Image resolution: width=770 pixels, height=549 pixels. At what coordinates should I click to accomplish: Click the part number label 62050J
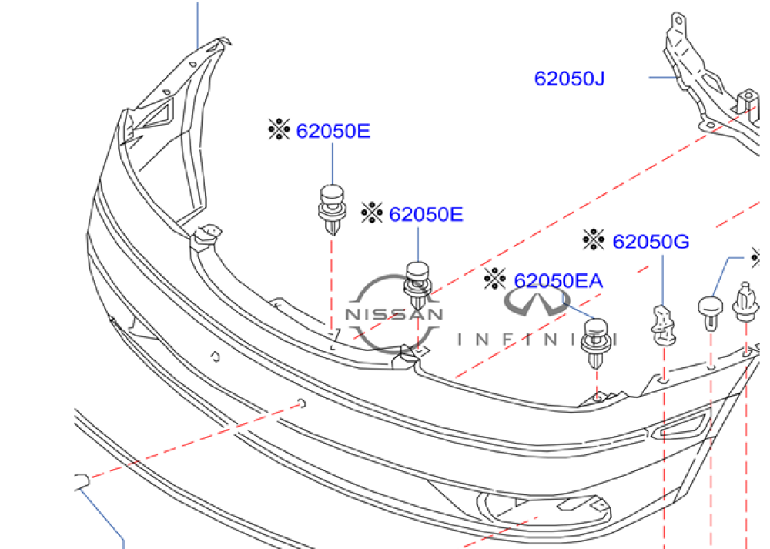coord(569,79)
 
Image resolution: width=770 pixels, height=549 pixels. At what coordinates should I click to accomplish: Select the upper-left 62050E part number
coord(333,131)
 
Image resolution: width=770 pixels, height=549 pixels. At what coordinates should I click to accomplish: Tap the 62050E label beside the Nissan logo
coord(426,215)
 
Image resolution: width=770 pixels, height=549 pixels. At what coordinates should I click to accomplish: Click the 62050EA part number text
coord(557,281)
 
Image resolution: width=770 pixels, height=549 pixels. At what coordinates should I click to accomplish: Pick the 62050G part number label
coord(651,242)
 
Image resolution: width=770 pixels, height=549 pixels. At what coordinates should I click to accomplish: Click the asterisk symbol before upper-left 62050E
coord(279,129)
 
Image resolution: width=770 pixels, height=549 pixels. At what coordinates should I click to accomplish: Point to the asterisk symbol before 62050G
coord(594,239)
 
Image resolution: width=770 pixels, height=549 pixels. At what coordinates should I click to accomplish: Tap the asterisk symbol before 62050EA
coord(494,279)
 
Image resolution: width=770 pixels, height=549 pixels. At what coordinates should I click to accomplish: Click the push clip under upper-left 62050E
coord(333,209)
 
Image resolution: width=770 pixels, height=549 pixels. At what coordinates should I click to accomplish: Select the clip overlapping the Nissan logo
coord(417,286)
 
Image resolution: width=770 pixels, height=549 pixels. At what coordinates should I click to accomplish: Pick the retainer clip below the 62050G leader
coord(663,325)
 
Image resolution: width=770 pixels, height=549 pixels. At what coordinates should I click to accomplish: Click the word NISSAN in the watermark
coord(394,314)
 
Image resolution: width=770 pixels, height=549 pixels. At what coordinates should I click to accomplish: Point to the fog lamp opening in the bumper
coord(543,509)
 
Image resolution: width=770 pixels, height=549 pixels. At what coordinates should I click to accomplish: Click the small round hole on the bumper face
coord(215,357)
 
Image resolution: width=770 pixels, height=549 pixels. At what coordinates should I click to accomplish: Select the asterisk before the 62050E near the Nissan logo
coord(372,213)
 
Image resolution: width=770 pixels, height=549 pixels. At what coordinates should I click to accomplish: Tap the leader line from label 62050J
coord(664,78)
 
